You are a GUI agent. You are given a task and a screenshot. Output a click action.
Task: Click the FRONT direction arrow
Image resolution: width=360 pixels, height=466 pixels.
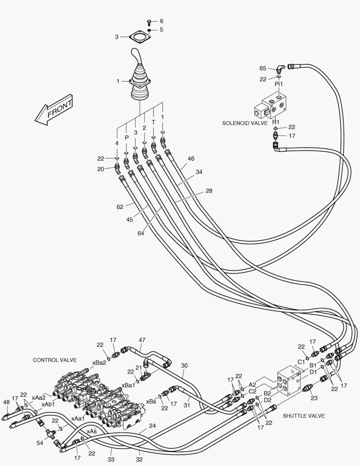click(x=54, y=110)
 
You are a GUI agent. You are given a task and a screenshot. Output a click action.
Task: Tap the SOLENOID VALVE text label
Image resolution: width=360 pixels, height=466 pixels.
click(x=245, y=123)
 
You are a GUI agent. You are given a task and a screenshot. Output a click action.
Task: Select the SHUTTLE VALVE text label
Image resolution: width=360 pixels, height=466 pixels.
click(x=304, y=416)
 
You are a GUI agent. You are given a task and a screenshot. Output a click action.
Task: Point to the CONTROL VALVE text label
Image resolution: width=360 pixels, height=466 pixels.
click(x=55, y=360)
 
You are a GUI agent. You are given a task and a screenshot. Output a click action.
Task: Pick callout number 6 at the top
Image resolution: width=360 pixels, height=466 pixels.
click(x=161, y=21)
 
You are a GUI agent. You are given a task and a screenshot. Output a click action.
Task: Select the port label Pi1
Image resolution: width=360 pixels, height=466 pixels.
click(x=279, y=84)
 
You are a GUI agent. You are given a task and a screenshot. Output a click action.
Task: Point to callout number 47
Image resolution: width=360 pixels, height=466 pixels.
click(x=142, y=340)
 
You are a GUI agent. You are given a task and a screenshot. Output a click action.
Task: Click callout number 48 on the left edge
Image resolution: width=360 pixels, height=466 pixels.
click(x=6, y=402)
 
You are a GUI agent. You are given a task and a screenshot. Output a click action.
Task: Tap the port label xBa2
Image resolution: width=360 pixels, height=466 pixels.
click(x=99, y=362)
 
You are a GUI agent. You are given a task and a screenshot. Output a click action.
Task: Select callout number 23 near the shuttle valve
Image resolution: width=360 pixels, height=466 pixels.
click(x=314, y=398)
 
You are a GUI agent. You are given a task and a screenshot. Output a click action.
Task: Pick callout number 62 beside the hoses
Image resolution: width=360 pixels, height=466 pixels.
click(x=120, y=207)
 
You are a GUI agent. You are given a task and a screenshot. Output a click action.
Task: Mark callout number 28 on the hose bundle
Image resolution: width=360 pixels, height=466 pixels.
click(x=209, y=190)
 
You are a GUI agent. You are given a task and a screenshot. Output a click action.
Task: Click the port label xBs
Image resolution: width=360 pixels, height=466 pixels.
click(x=151, y=401)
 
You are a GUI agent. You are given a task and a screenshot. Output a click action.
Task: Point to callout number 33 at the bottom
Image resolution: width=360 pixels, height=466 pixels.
click(x=111, y=460)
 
